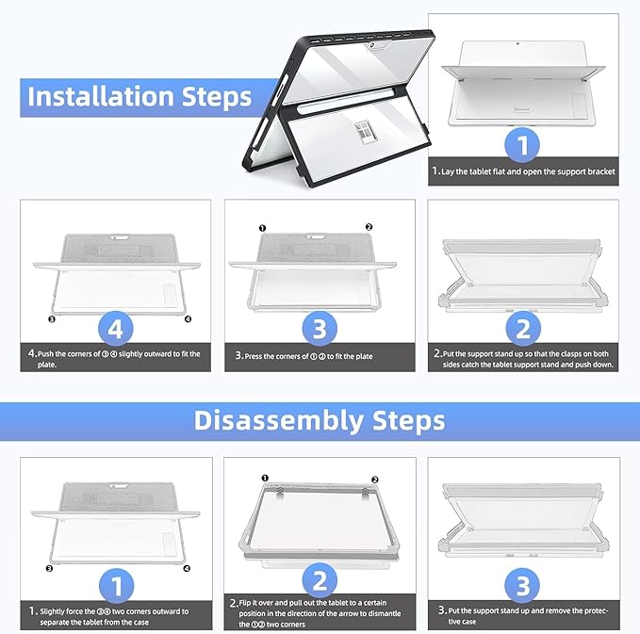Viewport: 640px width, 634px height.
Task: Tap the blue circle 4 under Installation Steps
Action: [116, 328]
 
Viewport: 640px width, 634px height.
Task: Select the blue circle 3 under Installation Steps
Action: [320, 328]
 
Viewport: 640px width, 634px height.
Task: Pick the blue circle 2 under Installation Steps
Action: [523, 328]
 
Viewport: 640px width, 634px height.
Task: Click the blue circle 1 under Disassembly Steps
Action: [116, 586]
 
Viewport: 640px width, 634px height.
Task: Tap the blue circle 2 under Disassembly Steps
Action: [320, 581]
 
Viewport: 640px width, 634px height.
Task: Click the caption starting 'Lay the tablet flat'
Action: [523, 172]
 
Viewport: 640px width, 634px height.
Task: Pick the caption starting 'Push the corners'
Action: [116, 358]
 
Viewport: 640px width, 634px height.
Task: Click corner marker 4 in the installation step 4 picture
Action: [189, 318]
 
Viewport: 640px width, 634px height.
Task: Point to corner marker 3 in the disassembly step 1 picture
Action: [49, 568]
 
